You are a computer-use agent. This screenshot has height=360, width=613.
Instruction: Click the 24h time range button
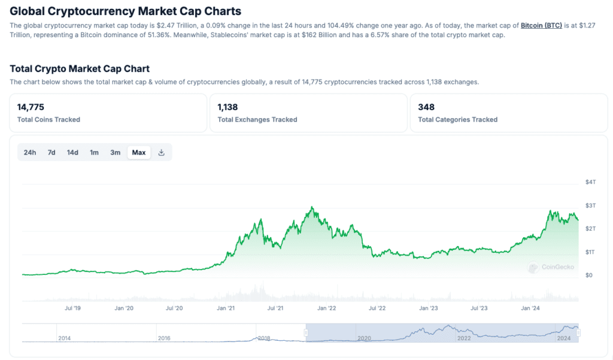pos(30,152)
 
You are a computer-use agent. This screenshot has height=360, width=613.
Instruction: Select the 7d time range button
pos(51,152)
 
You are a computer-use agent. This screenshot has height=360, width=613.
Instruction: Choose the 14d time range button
pos(72,152)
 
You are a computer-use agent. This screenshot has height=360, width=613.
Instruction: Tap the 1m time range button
pos(94,152)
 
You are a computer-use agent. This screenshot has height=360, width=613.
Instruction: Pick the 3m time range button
pos(115,152)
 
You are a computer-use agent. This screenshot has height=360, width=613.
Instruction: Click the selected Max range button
pos(139,152)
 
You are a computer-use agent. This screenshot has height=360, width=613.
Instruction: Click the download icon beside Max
pos(161,152)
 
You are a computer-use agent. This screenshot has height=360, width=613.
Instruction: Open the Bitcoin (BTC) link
pos(541,26)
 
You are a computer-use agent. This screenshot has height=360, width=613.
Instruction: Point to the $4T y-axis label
pos(591,182)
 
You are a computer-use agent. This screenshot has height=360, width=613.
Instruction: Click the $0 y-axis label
pos(589,276)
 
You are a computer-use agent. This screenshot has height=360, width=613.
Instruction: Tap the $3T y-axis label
pos(591,205)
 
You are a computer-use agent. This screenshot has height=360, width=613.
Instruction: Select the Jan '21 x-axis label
pos(226,308)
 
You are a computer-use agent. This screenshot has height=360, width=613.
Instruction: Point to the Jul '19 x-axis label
pos(72,308)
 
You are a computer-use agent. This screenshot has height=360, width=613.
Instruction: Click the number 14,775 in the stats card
pos(32,107)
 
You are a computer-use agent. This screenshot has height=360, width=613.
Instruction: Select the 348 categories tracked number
pos(426,107)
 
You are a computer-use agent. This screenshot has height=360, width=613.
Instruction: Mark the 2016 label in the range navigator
pos(164,338)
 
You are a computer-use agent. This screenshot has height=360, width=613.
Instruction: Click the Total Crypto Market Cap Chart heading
pos(80,69)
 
